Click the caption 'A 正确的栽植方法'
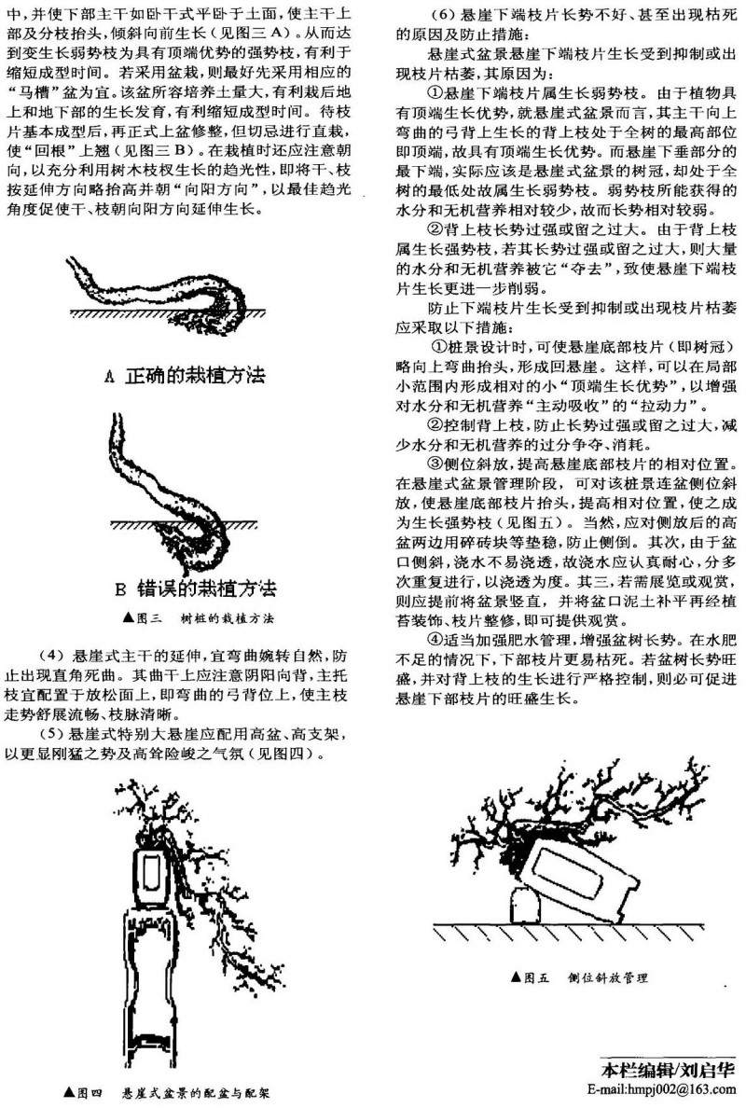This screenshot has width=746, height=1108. [x=185, y=375]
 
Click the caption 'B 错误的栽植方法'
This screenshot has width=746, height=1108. [x=195, y=588]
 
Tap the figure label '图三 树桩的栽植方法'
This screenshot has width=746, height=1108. [x=199, y=618]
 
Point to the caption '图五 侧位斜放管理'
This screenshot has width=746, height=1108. [x=578, y=977]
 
